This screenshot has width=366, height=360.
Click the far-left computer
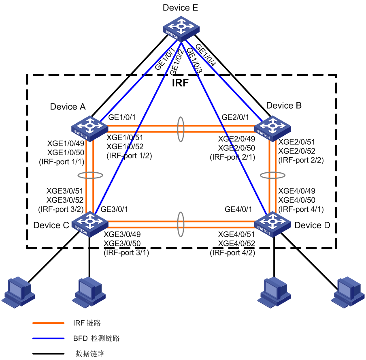tap(18, 292)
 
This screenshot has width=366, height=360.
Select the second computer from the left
tap(89, 292)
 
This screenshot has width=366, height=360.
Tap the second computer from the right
tap(274, 292)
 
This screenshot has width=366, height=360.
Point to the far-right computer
tap(348, 292)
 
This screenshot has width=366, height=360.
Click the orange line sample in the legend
tap(48, 323)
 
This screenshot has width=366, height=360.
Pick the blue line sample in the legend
tap(48, 338)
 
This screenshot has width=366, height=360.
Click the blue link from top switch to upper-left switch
tap(138, 81)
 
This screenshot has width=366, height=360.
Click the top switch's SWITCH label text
tap(172, 35)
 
